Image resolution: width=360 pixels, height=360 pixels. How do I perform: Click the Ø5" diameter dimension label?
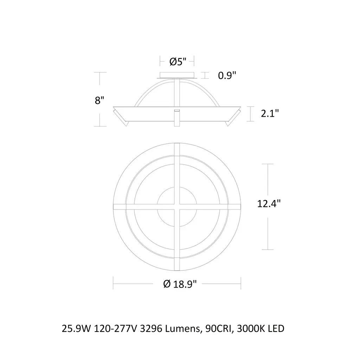click(178, 62)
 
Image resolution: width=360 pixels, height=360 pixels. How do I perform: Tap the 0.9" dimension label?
click(227, 75)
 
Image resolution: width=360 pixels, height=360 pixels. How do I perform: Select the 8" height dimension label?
click(99, 100)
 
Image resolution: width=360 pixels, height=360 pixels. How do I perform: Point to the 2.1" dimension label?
click(270, 113)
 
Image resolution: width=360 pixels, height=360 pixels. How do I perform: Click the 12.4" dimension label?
click(269, 204)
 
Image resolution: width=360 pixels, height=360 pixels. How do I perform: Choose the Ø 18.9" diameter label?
click(180, 284)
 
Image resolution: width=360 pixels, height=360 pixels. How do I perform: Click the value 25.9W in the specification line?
click(76, 329)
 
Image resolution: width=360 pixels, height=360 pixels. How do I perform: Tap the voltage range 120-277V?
click(115, 329)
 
